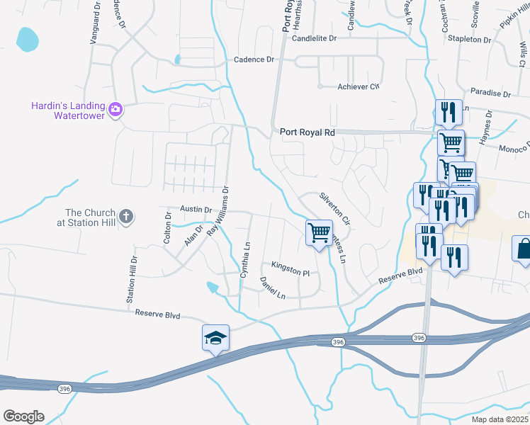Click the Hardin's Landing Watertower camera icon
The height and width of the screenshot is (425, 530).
point(115,109)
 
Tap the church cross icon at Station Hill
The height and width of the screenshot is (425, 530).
point(126,217)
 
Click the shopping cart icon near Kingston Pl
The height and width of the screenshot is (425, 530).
point(319,232)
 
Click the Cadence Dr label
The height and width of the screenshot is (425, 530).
point(254,60)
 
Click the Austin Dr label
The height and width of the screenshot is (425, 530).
point(196,210)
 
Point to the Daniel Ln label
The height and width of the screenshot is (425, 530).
point(272,288)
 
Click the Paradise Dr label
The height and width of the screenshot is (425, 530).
point(490,93)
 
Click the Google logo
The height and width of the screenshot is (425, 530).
point(23,416)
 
